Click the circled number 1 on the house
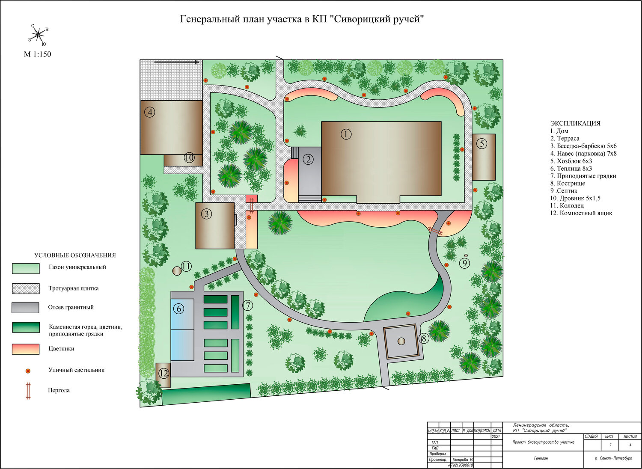click(346, 134)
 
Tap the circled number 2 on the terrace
click(308, 159)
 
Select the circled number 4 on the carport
click(150, 112)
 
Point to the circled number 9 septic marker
click(464, 263)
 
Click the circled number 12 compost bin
click(163, 373)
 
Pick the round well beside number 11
click(177, 271)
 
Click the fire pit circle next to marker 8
click(401, 341)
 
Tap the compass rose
click(38, 35)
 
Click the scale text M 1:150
click(38, 54)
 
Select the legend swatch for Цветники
click(26, 349)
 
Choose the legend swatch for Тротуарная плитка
click(26, 288)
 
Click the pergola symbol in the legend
click(28, 391)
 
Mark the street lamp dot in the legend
click(28, 371)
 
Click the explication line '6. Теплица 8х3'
click(571, 169)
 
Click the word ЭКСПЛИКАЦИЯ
click(575, 124)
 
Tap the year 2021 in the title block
click(496, 436)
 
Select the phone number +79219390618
click(462, 465)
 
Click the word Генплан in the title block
click(541, 458)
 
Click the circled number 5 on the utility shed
click(482, 143)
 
